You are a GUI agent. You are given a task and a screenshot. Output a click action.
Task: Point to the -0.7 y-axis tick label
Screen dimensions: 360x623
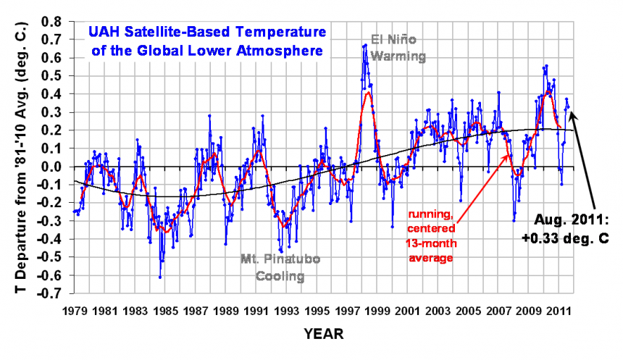51,294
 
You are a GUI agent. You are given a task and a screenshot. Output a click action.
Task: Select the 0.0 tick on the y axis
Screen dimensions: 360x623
53,167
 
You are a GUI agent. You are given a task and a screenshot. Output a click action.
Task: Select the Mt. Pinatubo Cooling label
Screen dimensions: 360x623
281,266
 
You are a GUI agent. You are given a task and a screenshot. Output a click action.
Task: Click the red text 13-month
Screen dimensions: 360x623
432,243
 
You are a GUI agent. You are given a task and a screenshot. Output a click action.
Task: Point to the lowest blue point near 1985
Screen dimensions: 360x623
160,277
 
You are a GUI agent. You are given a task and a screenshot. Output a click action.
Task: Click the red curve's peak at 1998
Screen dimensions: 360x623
369,93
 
